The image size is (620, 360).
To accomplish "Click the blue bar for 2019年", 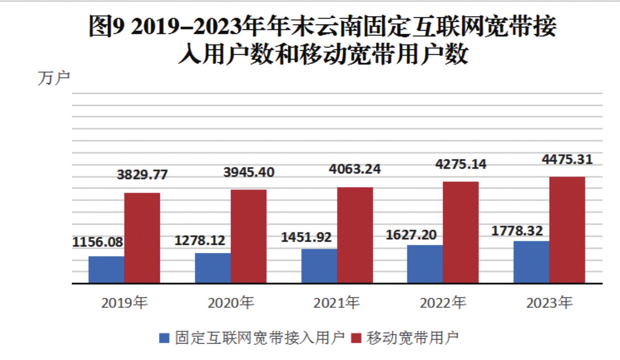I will (x=106, y=270).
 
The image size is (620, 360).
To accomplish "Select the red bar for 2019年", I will (x=142, y=238).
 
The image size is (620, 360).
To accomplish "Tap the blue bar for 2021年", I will (x=319, y=266).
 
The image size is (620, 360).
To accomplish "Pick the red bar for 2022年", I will (x=461, y=232).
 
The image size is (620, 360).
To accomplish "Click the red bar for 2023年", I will (x=567, y=230).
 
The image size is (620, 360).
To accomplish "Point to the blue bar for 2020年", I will (x=213, y=268).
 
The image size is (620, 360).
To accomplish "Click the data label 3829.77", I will (x=142, y=175).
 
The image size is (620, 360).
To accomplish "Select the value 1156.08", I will (x=97, y=242).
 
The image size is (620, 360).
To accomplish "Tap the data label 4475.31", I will (x=567, y=160).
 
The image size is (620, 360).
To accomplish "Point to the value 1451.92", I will (x=306, y=237).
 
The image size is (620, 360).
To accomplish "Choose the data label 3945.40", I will (x=249, y=173).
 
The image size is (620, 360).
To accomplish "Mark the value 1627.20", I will (x=411, y=235).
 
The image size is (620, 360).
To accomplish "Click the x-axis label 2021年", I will (x=336, y=303).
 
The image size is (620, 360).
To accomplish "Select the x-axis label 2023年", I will (x=549, y=303).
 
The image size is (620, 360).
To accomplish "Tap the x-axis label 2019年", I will (x=124, y=303).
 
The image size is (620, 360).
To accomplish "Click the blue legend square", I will (x=164, y=338).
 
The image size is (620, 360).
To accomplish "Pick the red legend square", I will (x=356, y=338).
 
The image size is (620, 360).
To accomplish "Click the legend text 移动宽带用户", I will (x=413, y=338).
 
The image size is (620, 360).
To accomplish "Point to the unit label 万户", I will (x=54, y=78).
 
